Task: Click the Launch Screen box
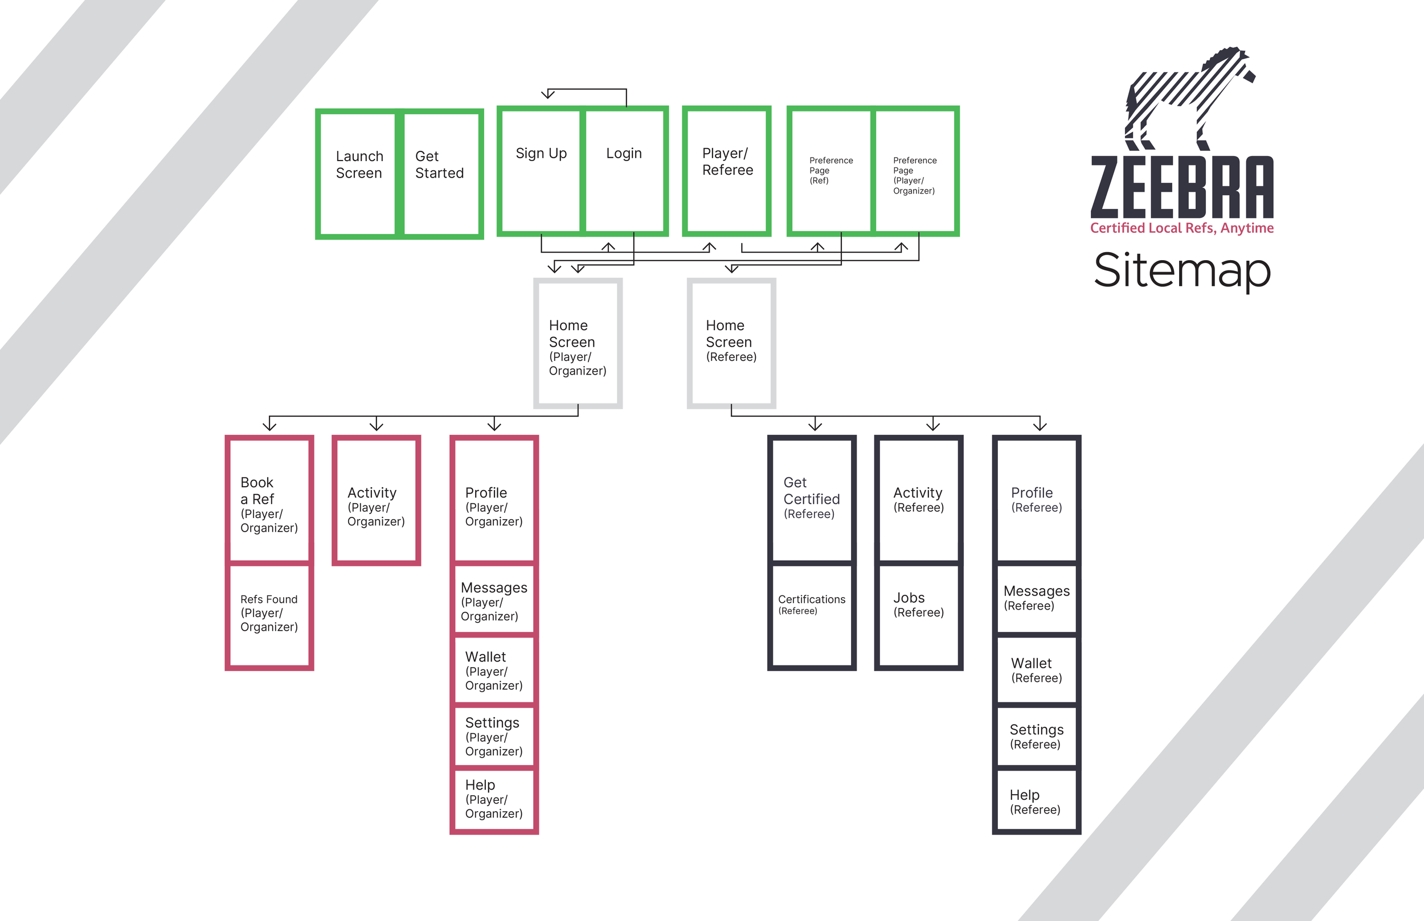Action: [x=358, y=174]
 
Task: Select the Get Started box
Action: [x=442, y=174]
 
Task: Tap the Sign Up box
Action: [x=541, y=171]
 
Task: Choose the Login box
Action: [x=625, y=171]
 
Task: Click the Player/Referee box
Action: [x=726, y=171]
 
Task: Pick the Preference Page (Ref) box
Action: [x=830, y=171]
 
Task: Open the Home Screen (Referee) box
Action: [x=731, y=343]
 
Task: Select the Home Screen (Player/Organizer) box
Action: [x=578, y=343]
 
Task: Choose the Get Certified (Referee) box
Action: [x=811, y=500]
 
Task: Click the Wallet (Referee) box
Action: [x=1036, y=670]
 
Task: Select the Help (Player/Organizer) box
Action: [x=494, y=800]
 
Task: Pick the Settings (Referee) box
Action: [x=1036, y=736]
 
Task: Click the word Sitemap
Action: [x=1182, y=270]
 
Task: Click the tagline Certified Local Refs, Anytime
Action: [x=1182, y=228]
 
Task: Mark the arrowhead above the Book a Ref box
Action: [x=270, y=425]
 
